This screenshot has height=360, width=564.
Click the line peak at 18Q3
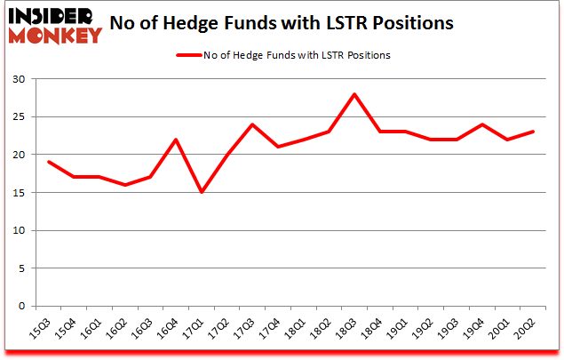(x=355, y=94)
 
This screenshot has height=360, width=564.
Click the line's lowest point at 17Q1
(x=202, y=193)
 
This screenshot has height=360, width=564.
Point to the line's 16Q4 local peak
(x=176, y=140)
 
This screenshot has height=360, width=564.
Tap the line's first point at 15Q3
(x=48, y=162)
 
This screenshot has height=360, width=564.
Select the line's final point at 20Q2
(x=534, y=132)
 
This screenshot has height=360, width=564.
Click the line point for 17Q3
(x=252, y=124)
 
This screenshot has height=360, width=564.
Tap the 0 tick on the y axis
(x=28, y=307)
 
